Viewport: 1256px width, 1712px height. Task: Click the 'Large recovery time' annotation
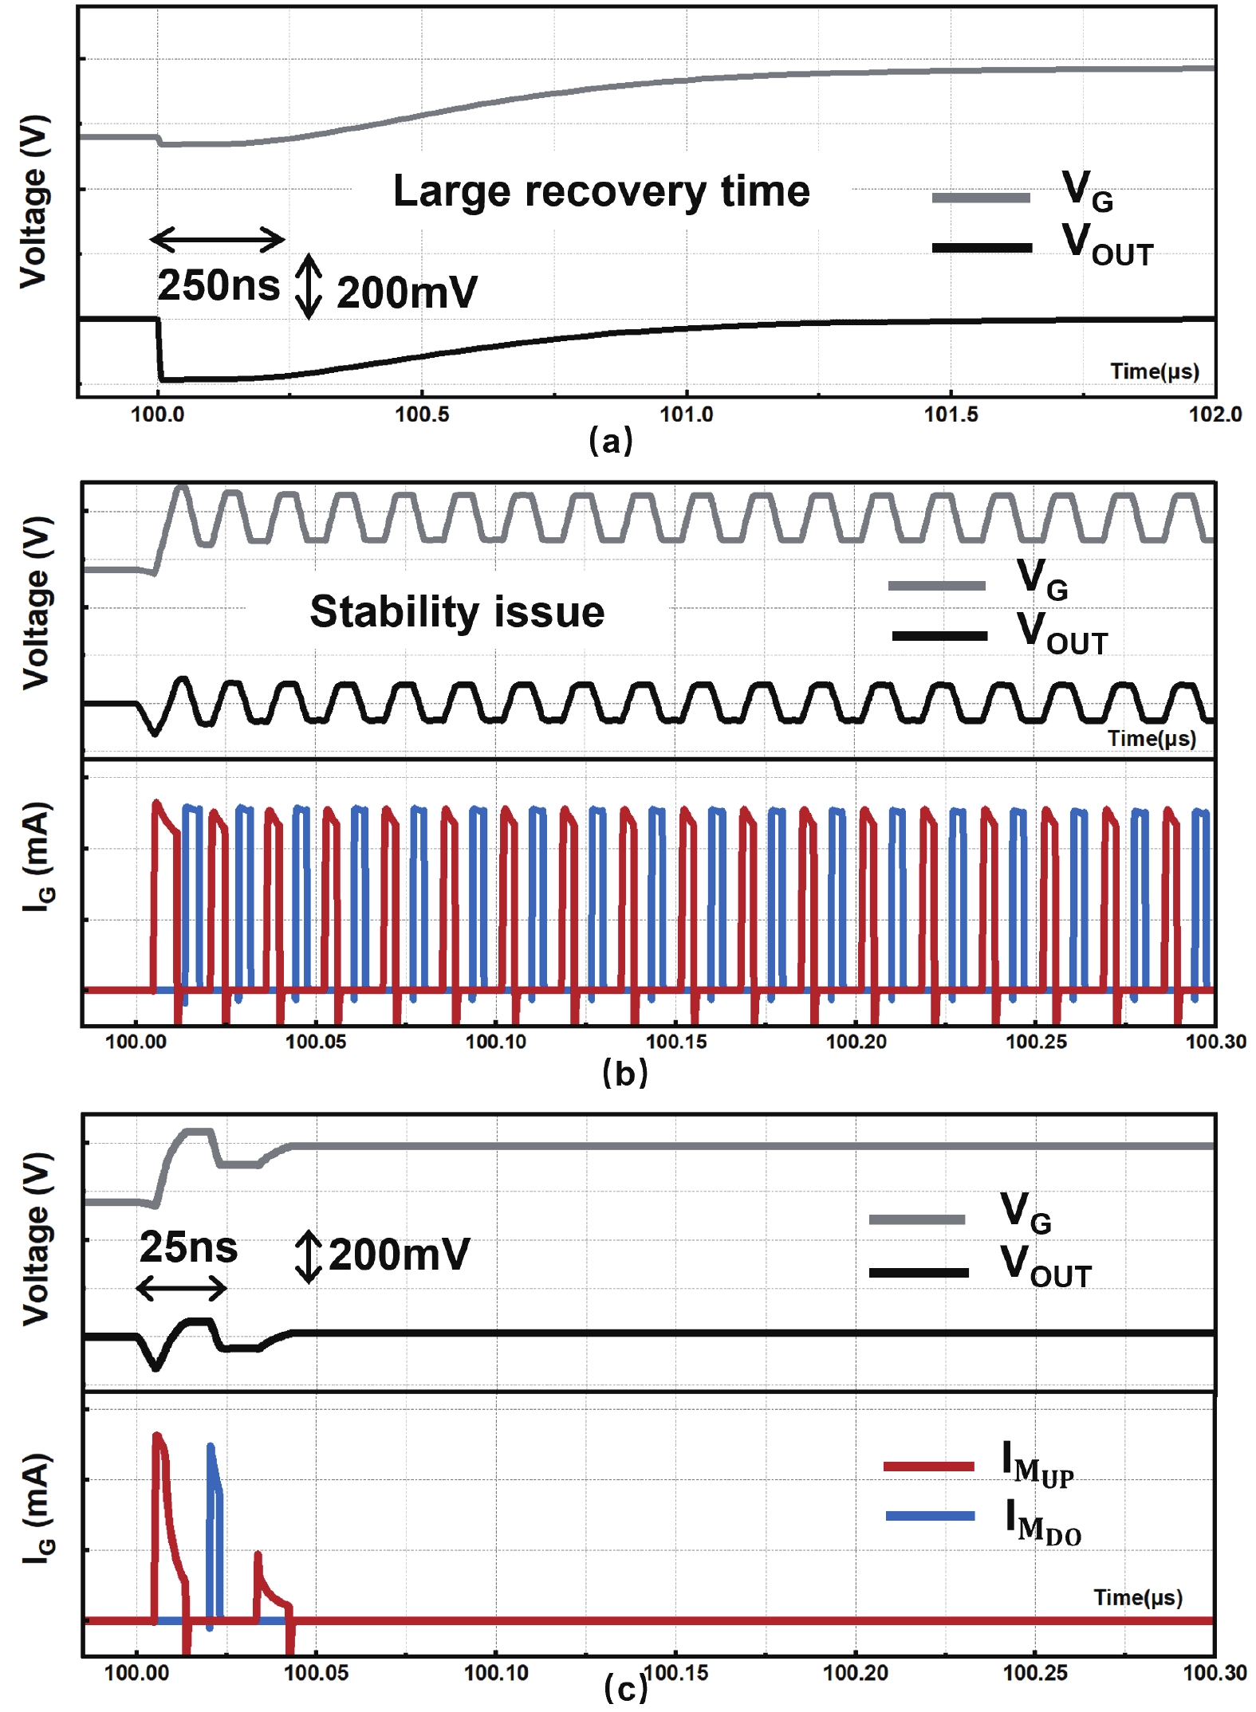click(x=601, y=191)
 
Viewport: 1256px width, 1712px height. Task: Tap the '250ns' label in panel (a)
click(x=219, y=285)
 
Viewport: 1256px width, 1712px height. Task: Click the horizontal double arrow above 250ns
click(x=217, y=239)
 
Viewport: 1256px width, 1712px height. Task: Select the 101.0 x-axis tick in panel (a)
click(x=686, y=414)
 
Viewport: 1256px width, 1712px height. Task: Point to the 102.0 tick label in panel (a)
click(x=1215, y=414)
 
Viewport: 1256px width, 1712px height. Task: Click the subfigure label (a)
click(x=611, y=441)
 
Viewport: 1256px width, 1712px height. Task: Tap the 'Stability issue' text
click(x=457, y=611)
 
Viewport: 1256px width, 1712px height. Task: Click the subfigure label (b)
click(x=625, y=1073)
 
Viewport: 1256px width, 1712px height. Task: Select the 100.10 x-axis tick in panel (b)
click(x=496, y=1042)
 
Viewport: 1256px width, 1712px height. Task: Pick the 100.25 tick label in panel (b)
click(x=1035, y=1042)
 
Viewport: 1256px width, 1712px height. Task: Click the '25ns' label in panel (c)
click(x=188, y=1247)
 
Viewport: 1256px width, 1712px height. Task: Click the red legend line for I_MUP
click(x=928, y=1466)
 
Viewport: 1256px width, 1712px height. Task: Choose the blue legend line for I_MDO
click(x=930, y=1515)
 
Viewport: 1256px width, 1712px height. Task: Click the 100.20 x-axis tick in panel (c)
click(x=855, y=1673)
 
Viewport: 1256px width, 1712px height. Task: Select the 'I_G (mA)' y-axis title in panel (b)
click(x=37, y=857)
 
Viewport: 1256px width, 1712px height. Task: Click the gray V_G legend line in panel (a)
click(x=981, y=198)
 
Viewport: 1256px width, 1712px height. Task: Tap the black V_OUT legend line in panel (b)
click(x=939, y=636)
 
